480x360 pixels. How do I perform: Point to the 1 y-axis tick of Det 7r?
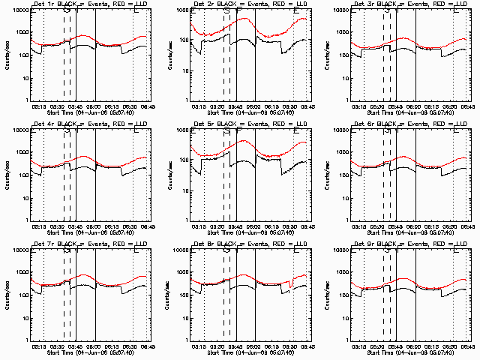click(x=24, y=339)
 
